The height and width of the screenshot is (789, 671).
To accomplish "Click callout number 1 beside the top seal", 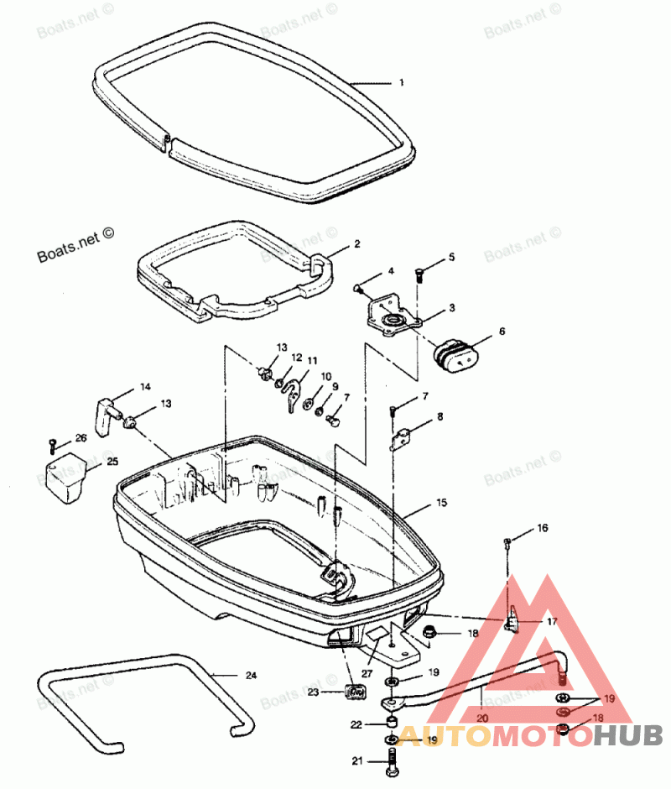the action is pyautogui.click(x=401, y=83).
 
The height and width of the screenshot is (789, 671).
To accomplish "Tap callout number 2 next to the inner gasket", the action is pyautogui.click(x=356, y=244).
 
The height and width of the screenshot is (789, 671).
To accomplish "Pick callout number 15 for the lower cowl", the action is pyautogui.click(x=441, y=503).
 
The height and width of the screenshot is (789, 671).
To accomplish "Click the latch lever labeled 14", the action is pyautogui.click(x=105, y=415).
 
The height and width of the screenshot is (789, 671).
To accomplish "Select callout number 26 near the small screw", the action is pyautogui.click(x=81, y=437).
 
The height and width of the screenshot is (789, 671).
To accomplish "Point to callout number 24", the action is pyautogui.click(x=251, y=675).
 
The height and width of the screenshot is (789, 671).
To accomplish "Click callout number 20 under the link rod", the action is pyautogui.click(x=482, y=718).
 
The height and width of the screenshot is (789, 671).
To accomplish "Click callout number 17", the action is pyautogui.click(x=551, y=622).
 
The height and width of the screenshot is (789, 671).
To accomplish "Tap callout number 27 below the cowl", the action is pyautogui.click(x=366, y=673).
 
